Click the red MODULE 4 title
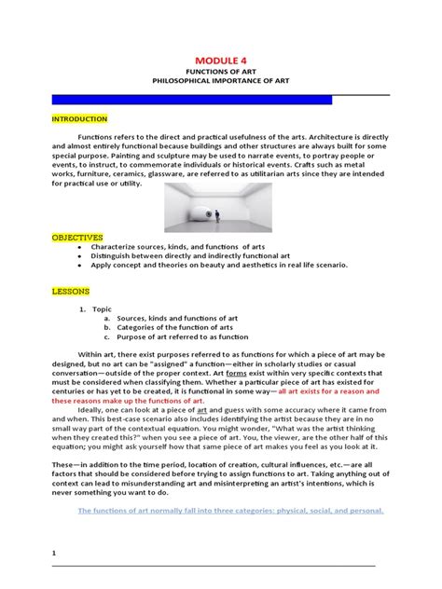click(221, 59)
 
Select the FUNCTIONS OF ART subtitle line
click(221, 71)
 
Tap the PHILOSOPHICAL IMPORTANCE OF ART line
click(221, 81)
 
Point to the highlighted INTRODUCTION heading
click(79, 119)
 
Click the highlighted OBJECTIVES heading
click(76, 238)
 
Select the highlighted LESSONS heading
click(71, 291)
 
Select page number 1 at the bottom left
click(54, 553)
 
